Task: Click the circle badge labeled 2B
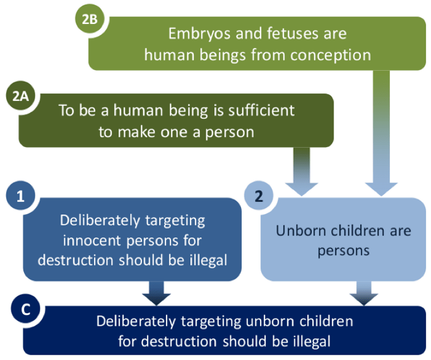click(x=90, y=19)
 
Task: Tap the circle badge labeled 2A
click(x=21, y=96)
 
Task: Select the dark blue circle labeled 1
click(x=21, y=196)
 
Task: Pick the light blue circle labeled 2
click(x=259, y=196)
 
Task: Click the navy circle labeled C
click(x=26, y=309)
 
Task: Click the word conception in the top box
click(x=331, y=55)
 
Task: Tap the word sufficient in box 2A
click(x=262, y=110)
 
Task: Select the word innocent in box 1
click(x=92, y=241)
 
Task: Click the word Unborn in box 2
click(x=301, y=230)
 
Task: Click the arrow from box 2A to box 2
click(x=302, y=172)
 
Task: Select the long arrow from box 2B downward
click(x=381, y=134)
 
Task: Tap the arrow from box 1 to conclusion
click(x=156, y=293)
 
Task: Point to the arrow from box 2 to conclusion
click(x=364, y=293)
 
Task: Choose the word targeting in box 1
click(x=175, y=221)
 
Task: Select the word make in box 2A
click(x=137, y=132)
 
